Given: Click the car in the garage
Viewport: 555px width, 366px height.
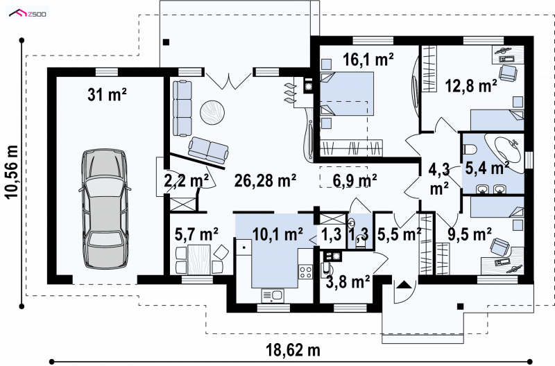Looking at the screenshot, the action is [x=105, y=209].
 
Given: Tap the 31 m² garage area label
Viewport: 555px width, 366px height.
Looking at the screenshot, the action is [x=108, y=95].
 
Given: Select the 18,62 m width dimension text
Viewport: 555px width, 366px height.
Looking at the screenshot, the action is [x=293, y=351].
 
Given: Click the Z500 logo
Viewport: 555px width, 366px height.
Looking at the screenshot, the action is [x=28, y=14].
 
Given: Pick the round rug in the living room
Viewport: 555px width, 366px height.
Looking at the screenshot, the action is [x=212, y=112].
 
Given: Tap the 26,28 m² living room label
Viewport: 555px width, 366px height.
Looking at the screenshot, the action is [x=266, y=180].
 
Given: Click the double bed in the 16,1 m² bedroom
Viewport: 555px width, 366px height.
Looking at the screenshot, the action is [x=347, y=94].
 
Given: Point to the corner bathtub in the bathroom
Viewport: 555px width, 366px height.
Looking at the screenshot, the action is [x=505, y=152].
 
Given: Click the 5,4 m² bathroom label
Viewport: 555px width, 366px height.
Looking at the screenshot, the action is [x=488, y=168].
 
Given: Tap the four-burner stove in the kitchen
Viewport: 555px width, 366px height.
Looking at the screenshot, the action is [x=305, y=272].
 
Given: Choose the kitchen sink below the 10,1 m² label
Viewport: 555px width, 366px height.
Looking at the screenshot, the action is [x=272, y=295].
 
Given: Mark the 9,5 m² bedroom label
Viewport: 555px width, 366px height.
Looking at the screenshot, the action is [x=470, y=234].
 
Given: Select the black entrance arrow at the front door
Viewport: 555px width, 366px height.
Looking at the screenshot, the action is [x=404, y=285].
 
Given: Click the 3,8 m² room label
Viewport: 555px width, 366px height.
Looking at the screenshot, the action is [x=348, y=282].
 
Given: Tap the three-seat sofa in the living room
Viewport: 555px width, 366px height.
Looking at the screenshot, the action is [x=182, y=108].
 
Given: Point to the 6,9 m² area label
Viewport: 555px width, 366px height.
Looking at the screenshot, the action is [x=355, y=180].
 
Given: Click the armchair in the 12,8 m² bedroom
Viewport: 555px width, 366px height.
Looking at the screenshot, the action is [x=508, y=73].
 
